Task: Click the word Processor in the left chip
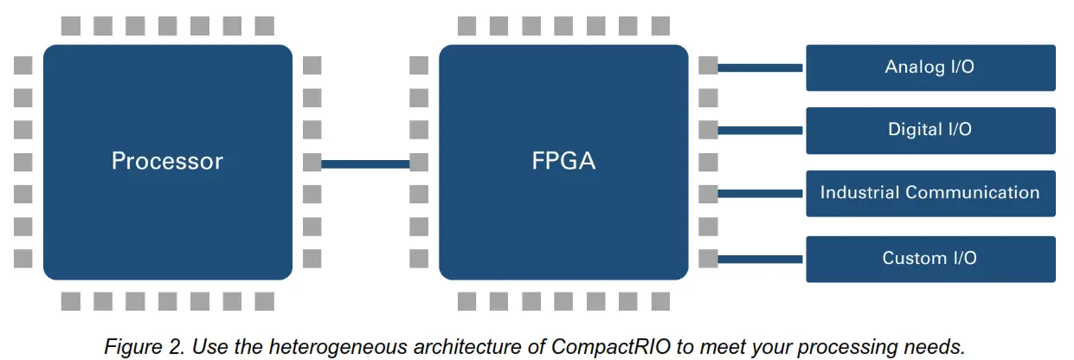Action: [167, 161]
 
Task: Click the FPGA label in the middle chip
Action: [563, 161]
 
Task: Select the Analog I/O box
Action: [930, 67]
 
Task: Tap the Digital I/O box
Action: [930, 130]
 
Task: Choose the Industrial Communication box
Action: [930, 193]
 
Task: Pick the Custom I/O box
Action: [930, 258]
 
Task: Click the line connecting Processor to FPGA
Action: [365, 163]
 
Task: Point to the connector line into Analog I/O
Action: [762, 67]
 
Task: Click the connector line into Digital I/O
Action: [762, 131]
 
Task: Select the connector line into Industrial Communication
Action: [762, 194]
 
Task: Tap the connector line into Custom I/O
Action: [762, 258]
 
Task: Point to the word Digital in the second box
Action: [915, 130]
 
